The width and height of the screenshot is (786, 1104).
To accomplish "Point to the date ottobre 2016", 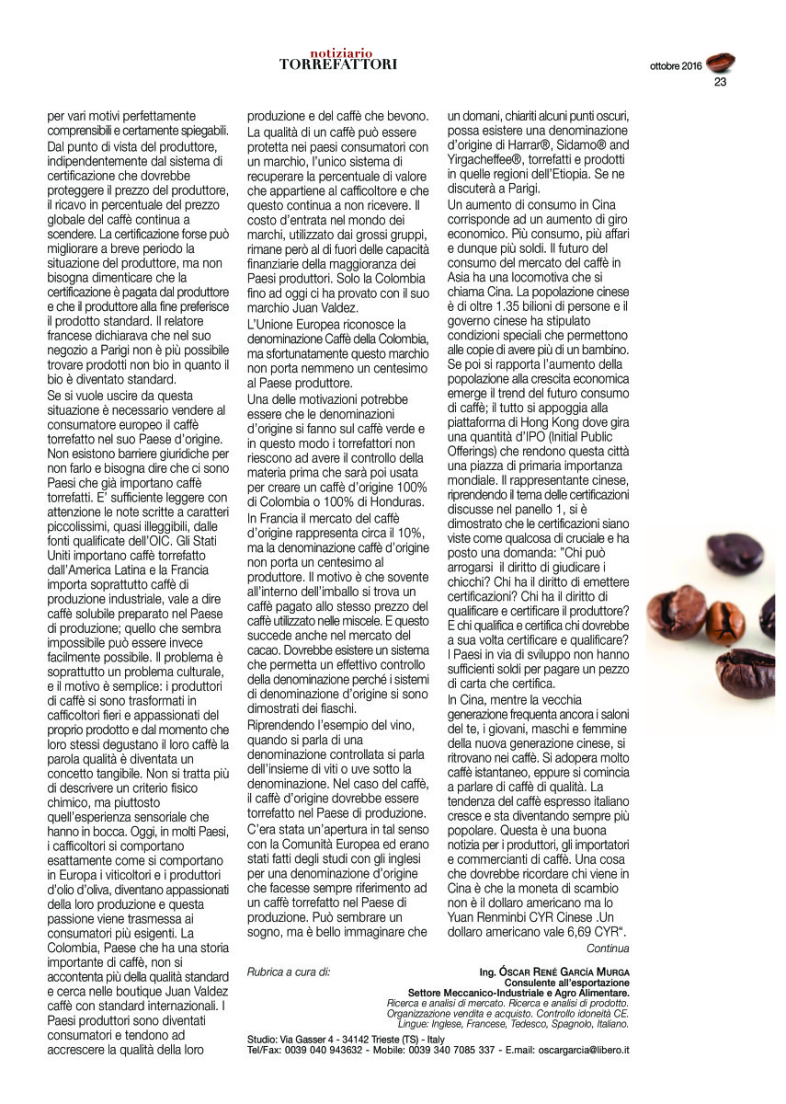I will click(x=676, y=66).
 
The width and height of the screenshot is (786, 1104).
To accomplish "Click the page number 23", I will click(x=721, y=82).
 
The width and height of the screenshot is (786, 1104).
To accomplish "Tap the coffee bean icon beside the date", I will click(x=720, y=63).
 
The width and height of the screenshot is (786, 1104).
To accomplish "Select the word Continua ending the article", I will click(x=608, y=949).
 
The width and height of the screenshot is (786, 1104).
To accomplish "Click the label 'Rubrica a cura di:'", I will click(x=289, y=971).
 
